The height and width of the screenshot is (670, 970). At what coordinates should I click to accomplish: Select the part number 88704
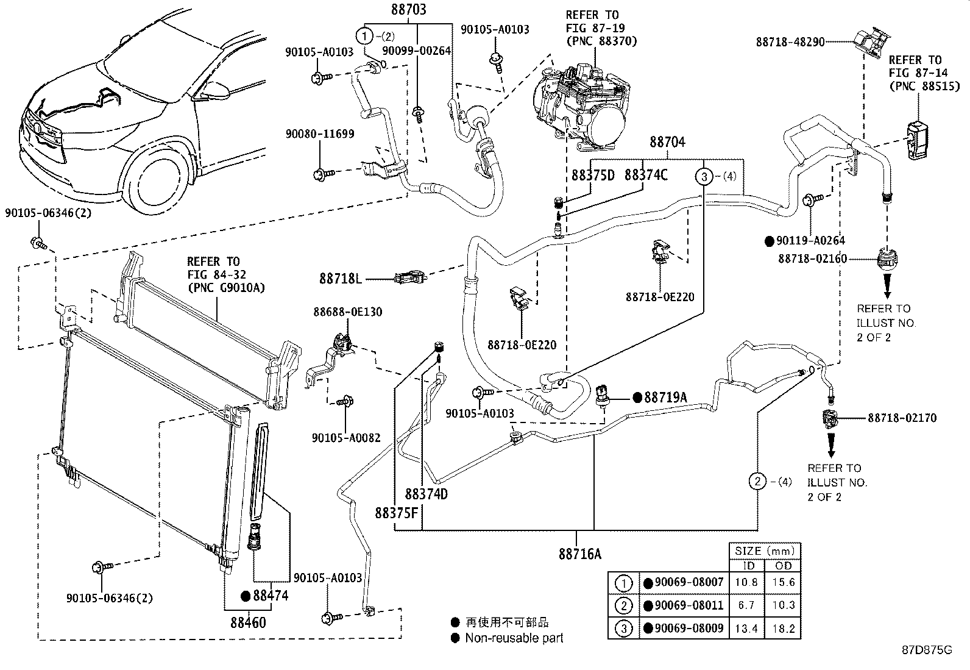click(667, 143)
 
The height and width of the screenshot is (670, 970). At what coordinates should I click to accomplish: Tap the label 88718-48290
click(790, 42)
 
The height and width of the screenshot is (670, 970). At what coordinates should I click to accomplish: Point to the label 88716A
click(579, 554)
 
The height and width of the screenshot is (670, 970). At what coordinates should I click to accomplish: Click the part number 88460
click(249, 622)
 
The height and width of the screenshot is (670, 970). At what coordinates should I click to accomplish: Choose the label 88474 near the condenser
click(270, 596)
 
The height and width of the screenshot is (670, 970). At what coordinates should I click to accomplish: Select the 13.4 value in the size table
click(746, 629)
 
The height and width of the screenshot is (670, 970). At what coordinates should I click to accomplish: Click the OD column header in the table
click(784, 566)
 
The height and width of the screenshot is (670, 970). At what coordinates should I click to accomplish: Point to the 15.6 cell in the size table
click(784, 582)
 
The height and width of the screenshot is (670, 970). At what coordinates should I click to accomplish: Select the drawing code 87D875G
click(927, 650)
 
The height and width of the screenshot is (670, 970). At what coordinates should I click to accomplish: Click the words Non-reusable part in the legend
click(514, 638)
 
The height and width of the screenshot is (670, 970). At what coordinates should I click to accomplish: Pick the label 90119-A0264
click(810, 241)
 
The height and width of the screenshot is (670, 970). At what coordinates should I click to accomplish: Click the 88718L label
click(341, 279)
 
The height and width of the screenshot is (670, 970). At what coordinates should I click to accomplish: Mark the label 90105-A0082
click(345, 438)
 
